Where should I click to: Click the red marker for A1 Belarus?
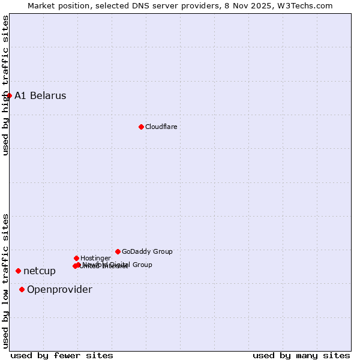click(9, 95)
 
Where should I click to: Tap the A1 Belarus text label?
click(40, 96)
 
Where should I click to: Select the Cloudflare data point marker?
click(141, 127)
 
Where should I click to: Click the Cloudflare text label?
click(161, 127)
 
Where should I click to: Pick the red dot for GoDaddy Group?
click(118, 251)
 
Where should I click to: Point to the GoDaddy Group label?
click(147, 251)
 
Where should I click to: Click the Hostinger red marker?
click(76, 258)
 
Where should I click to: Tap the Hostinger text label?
click(95, 258)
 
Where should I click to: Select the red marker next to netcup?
click(18, 271)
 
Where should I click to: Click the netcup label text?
click(40, 271)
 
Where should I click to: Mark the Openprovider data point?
click(22, 289)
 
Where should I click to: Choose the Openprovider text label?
click(59, 290)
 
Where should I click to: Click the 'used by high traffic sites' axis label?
click(5, 85)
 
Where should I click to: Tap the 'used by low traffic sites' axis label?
click(5, 281)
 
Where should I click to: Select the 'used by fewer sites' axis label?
click(62, 355)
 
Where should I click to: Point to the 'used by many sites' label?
click(301, 355)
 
